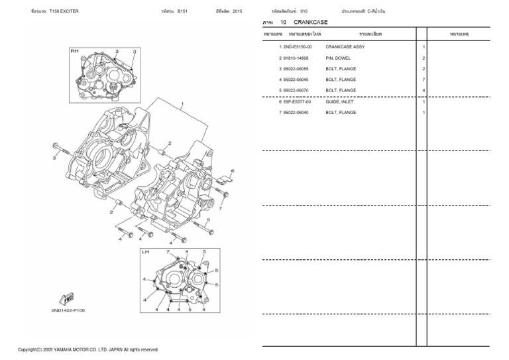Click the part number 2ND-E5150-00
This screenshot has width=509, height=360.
[x=297, y=47]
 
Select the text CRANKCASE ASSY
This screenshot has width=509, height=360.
[x=345, y=47]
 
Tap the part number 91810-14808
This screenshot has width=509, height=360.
[x=296, y=58]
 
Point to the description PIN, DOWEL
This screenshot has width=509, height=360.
[x=338, y=58]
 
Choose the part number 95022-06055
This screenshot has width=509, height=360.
[x=296, y=69]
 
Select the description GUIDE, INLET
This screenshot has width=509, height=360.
[x=341, y=102]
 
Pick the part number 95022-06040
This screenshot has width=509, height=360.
[x=296, y=113]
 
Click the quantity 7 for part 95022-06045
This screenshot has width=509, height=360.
[x=424, y=80]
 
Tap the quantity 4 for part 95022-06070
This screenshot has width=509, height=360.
[x=424, y=90]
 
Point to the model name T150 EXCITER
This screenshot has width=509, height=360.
[x=64, y=11]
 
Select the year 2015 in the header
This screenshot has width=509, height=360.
[x=237, y=11]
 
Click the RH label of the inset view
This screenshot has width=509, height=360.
[x=74, y=50]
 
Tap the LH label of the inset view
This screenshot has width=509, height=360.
[x=145, y=252]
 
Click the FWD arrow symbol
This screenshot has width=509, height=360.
[x=67, y=297]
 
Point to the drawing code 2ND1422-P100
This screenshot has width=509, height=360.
[x=68, y=310]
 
